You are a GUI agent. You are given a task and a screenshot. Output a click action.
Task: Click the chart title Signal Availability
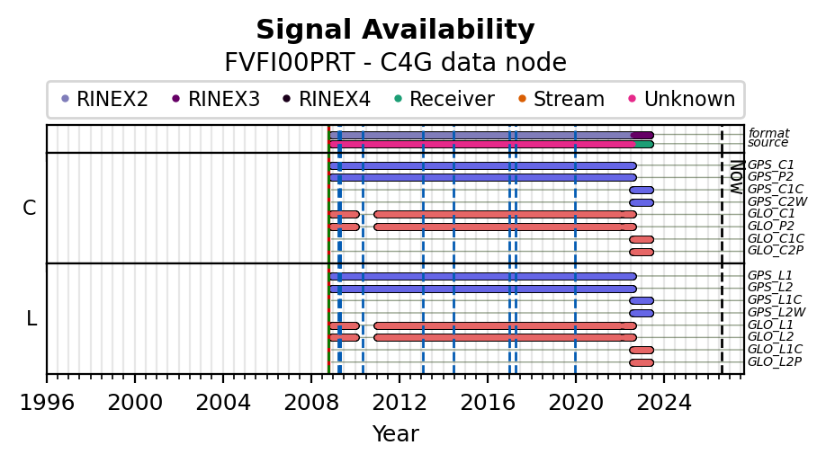[395, 30]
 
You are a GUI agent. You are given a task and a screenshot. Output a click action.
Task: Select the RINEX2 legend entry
[104, 99]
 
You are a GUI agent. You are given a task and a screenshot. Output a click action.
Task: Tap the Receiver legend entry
[444, 99]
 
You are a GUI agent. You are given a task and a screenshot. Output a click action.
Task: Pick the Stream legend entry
[561, 99]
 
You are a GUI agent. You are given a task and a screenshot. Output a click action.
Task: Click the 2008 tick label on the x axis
[310, 403]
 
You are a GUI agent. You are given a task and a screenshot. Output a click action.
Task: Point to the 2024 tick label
[664, 403]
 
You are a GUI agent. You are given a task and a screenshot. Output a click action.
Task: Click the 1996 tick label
[47, 403]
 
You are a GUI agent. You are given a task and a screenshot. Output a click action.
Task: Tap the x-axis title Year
[396, 434]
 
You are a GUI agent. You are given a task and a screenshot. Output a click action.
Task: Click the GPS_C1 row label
[771, 165]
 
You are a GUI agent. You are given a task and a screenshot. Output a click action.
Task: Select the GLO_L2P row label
[775, 362]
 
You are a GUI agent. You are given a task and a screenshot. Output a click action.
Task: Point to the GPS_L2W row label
[777, 313]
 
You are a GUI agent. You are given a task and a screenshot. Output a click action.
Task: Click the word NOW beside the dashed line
[737, 177]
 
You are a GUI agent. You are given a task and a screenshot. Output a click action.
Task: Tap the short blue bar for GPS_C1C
[642, 190]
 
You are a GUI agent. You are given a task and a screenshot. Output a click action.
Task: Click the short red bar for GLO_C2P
[642, 252]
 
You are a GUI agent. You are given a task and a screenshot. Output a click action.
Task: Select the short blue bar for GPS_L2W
[642, 313]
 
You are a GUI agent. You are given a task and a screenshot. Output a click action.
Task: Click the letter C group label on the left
[30, 209]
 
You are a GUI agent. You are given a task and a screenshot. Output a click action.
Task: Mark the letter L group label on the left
[31, 318]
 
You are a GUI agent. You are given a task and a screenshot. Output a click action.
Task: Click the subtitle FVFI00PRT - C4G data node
[395, 63]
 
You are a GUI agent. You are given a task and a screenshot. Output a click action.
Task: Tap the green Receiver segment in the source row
[645, 144]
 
